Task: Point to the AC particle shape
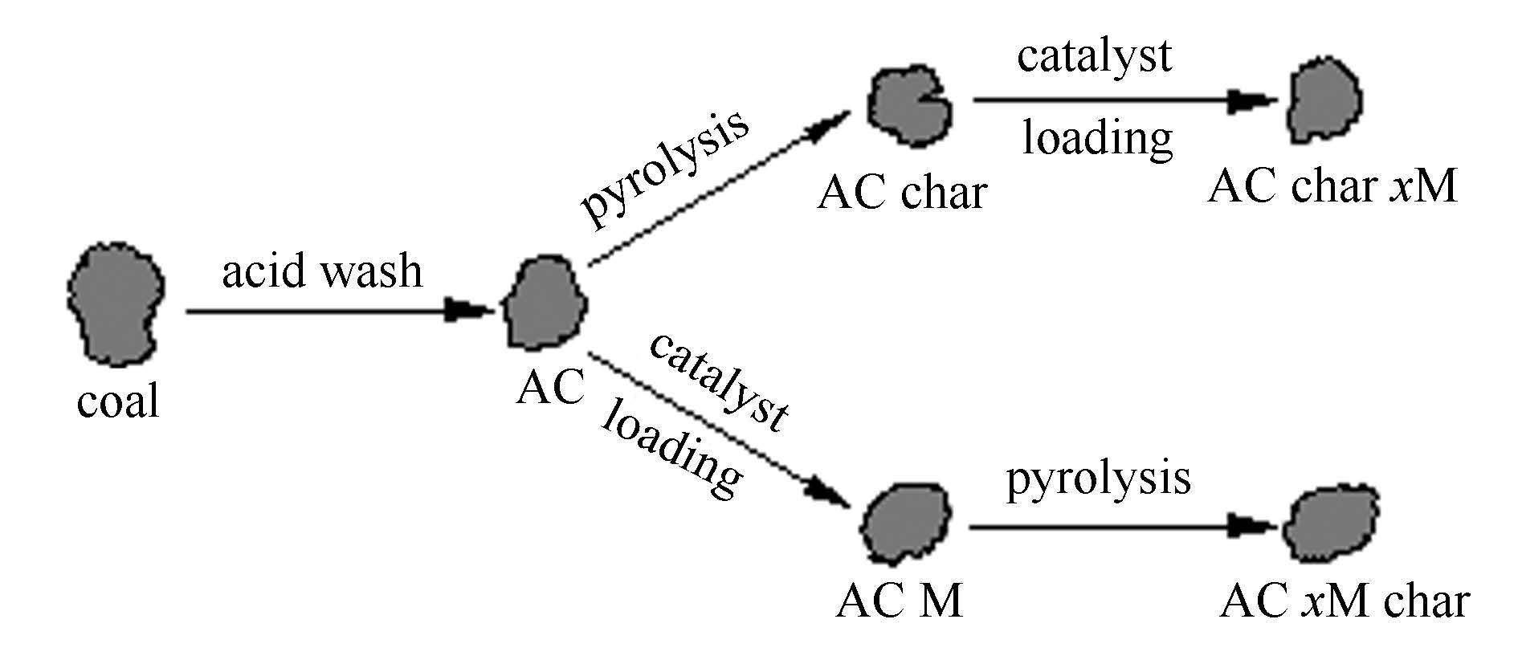point(544,304)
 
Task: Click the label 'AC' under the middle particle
point(550,389)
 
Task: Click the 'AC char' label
point(901,193)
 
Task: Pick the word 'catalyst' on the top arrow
point(1094,56)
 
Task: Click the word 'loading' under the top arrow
point(1097,138)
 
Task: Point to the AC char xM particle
point(1326,100)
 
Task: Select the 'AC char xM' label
point(1332,187)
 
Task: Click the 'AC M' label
point(899,601)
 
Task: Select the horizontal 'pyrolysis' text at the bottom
point(1098,479)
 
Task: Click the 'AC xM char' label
point(1344,601)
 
